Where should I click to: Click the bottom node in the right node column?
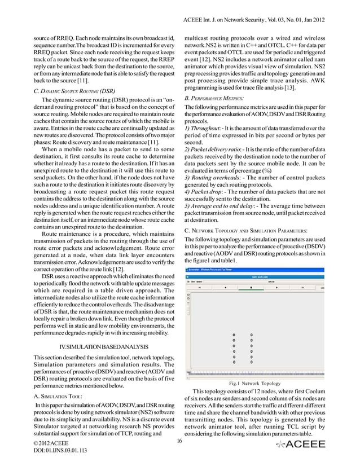[x=251, y=362]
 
